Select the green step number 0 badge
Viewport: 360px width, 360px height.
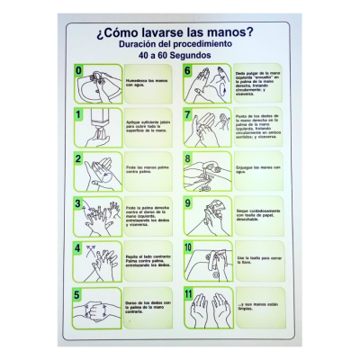coord(79,70)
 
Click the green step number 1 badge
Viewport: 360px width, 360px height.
coord(79,114)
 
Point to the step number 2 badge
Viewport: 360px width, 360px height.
coord(79,158)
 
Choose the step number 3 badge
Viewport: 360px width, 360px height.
coord(79,203)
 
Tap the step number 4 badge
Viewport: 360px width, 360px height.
coord(79,247)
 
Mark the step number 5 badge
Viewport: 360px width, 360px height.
coord(79,292)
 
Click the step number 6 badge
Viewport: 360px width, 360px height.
coord(188,70)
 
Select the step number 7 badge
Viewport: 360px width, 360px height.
coord(188,114)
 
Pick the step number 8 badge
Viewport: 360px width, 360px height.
coord(188,158)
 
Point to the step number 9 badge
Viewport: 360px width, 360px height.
coord(188,203)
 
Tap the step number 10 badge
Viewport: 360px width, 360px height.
coord(189,247)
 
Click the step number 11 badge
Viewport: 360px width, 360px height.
coord(189,292)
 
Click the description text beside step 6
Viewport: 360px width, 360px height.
coord(256,85)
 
